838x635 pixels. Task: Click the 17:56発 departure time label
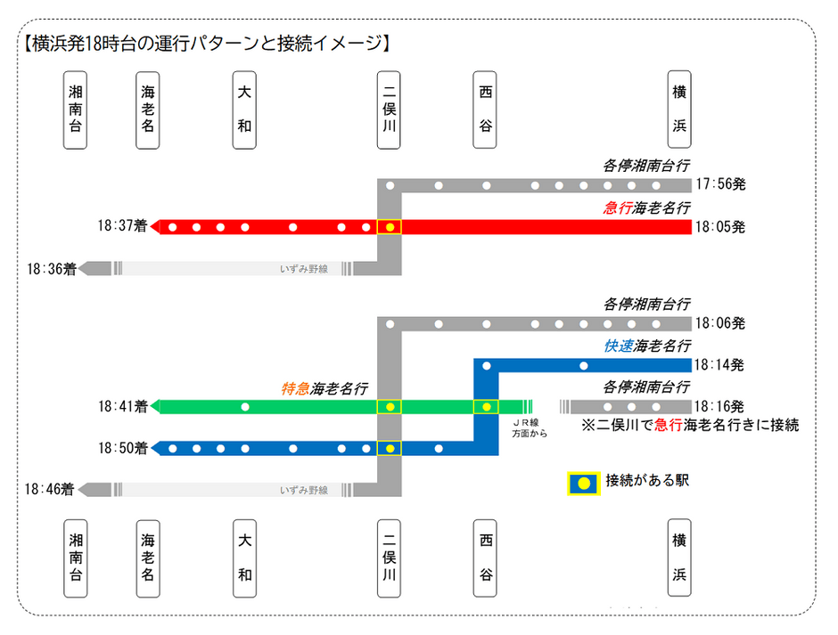(x=720, y=184)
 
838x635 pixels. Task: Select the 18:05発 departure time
(x=720, y=227)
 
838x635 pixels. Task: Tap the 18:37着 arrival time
(x=122, y=226)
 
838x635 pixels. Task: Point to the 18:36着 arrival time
(x=52, y=269)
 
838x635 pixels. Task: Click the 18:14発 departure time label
(x=719, y=365)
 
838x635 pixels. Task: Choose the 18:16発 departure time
(x=719, y=406)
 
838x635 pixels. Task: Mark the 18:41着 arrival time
(x=123, y=407)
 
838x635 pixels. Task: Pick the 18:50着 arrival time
(x=123, y=448)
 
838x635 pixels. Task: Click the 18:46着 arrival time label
(x=50, y=489)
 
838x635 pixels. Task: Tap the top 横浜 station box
(x=679, y=110)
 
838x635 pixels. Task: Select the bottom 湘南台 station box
(x=76, y=558)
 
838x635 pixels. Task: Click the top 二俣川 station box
(x=389, y=110)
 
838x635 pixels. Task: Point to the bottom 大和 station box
(x=244, y=558)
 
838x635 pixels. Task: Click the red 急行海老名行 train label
(x=646, y=208)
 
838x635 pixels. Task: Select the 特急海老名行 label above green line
(x=325, y=388)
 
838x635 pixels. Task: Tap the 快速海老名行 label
(x=647, y=346)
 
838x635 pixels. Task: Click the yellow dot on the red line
(x=390, y=227)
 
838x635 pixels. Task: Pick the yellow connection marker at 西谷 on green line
(x=487, y=407)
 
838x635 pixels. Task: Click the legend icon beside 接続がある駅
(x=584, y=483)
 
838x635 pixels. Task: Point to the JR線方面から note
(x=530, y=428)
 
